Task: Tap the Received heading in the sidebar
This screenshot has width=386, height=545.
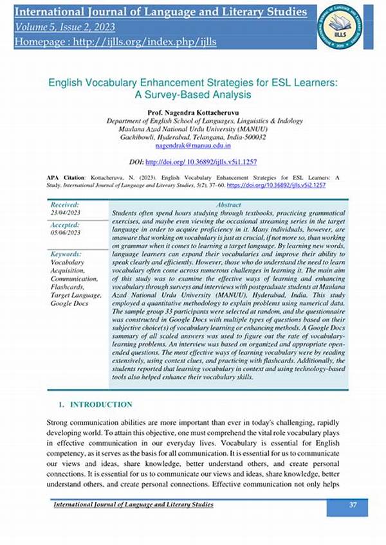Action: [65, 204]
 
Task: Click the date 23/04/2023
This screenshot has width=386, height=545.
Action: [66, 213]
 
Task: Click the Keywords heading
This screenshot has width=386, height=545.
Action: [66, 255]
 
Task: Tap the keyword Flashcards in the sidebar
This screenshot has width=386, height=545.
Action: [68, 287]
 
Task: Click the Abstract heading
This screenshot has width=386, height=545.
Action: [229, 204]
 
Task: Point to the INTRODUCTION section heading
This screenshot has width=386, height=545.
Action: [101, 404]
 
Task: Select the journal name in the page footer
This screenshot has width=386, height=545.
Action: [133, 505]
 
